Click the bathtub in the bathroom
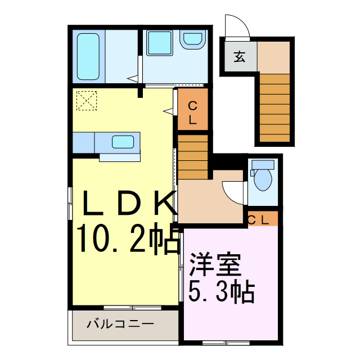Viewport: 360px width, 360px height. click(88, 57)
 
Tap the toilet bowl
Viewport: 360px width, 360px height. click(262, 180)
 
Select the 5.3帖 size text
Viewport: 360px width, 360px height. click(220, 292)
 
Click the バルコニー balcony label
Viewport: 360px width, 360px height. click(120, 325)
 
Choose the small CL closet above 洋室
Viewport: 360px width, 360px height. click(262, 219)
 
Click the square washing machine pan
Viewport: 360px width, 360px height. click(160, 43)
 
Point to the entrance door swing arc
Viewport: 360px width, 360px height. click(235, 25)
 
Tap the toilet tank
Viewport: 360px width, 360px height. click(262, 164)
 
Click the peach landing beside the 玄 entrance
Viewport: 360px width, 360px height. click(274, 57)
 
